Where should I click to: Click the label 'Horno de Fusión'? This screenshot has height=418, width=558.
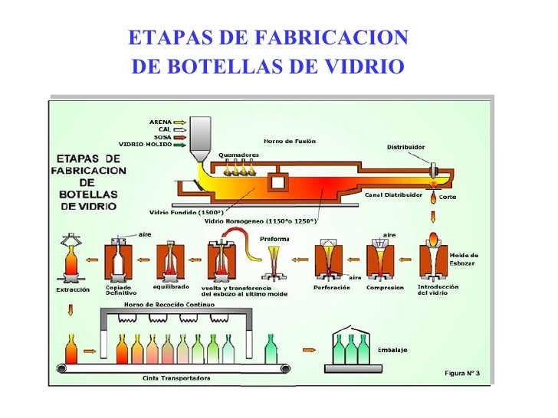(x=289, y=141)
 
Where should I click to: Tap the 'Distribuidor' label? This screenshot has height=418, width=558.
(x=405, y=147)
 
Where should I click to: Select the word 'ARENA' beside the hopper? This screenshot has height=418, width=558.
(x=159, y=122)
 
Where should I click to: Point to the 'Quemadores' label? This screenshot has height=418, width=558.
(x=238, y=155)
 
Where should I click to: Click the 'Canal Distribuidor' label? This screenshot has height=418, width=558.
(x=393, y=195)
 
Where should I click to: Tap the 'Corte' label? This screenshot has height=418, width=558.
(x=447, y=197)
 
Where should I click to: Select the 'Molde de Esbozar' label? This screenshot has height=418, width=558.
(x=464, y=258)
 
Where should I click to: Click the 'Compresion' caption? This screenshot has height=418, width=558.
(x=386, y=288)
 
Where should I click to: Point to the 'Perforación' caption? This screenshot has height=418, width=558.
(x=332, y=288)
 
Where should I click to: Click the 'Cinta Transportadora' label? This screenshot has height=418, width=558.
(x=177, y=377)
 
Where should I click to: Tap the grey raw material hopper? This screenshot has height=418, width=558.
(x=202, y=136)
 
